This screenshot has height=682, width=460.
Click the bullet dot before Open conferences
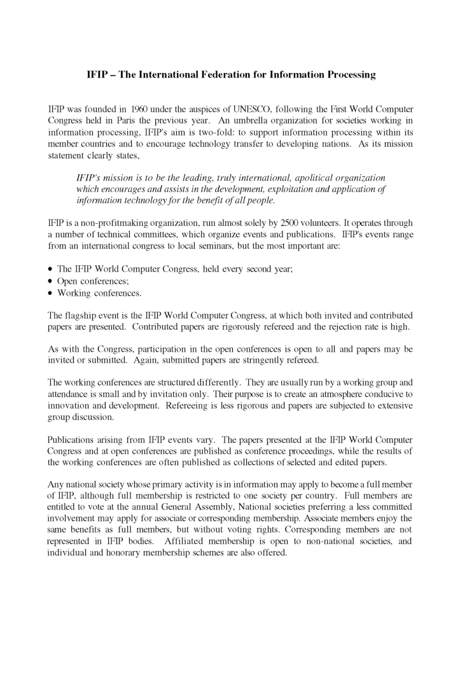coord(50,281)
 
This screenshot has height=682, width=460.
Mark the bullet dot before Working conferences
coord(50,293)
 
